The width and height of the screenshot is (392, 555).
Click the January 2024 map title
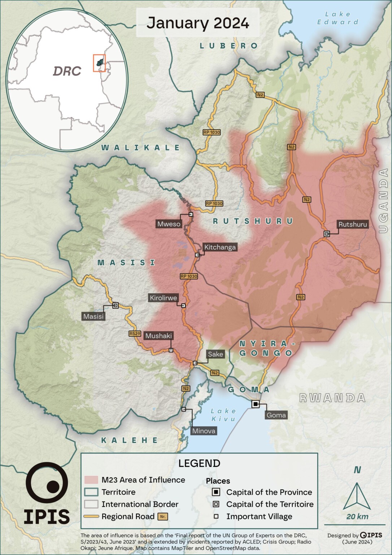coord(197,23)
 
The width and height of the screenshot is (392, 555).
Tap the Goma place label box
coord(276,415)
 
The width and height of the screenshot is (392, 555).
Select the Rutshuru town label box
coord(352,224)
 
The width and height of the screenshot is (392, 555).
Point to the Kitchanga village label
coord(220,247)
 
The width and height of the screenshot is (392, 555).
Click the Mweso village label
coord(169,224)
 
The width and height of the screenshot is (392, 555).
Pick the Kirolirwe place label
coord(164,298)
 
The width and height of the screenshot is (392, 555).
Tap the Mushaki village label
coord(158,336)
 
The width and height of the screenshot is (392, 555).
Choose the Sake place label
coord(215,354)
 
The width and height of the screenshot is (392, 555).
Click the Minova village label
coord(204,431)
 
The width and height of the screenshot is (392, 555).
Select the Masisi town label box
coord(93,317)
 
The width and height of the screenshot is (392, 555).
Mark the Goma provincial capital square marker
coord(256,404)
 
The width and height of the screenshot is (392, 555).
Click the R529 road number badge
coord(135,334)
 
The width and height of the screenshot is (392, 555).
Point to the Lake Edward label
coord(337,18)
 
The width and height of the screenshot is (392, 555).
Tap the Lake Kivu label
coord(223,415)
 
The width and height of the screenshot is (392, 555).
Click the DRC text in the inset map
coord(67,71)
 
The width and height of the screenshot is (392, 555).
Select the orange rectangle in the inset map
coord(99,63)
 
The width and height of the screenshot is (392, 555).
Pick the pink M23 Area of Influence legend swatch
coord(91,480)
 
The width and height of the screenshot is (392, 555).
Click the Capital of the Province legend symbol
coord(216,492)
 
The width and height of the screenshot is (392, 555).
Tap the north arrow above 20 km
coord(357,496)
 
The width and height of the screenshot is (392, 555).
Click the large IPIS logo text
coord(47,517)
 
